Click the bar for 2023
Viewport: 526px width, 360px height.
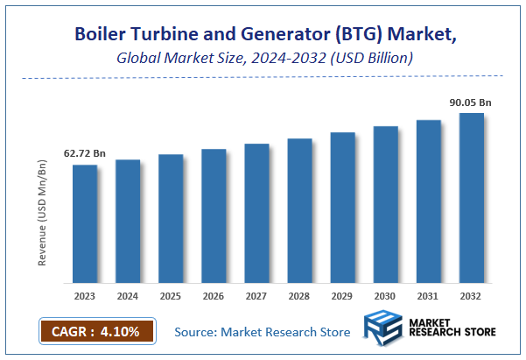(85, 224)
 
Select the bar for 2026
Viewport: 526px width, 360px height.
(214, 216)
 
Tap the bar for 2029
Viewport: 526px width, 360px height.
(343, 208)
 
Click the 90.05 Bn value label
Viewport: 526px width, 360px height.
(471, 102)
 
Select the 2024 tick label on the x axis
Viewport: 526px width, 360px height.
(128, 295)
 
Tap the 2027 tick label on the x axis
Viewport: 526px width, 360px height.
(256, 295)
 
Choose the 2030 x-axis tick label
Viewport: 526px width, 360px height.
(386, 295)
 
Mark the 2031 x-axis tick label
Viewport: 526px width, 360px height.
(429, 295)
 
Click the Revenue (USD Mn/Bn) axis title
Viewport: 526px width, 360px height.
(42, 213)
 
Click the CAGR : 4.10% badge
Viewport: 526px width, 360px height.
(96, 332)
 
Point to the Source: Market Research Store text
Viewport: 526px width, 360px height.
(263, 332)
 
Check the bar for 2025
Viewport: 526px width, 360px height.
(171, 219)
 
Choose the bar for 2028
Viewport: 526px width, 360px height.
(300, 211)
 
